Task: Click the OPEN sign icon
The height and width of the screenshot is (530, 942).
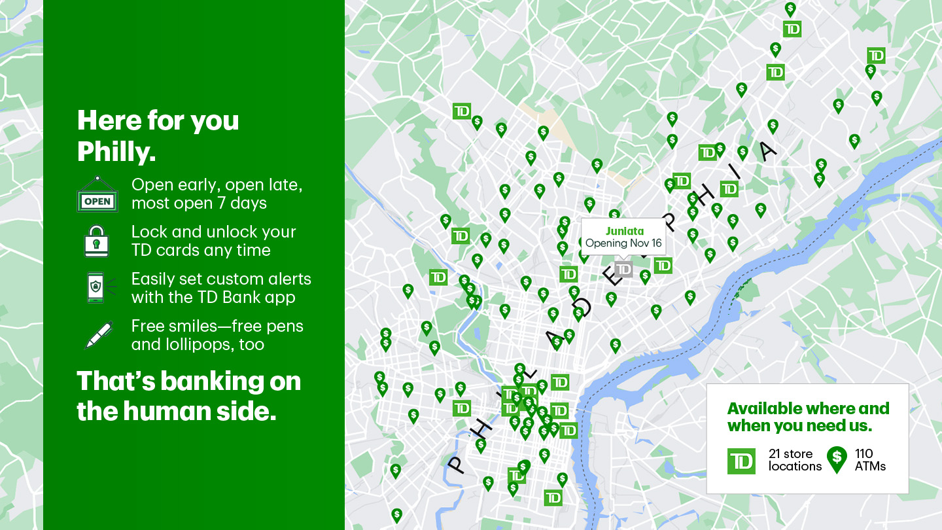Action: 97,194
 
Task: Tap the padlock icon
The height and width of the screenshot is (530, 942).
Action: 97,241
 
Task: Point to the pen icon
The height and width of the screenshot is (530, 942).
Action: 98,335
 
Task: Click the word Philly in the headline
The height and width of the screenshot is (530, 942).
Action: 116,152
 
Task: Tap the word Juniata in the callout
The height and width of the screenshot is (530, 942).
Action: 624,231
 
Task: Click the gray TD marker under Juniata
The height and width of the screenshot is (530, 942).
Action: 623,269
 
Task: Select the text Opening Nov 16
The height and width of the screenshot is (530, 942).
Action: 623,243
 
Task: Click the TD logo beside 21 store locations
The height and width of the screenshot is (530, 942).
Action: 741,461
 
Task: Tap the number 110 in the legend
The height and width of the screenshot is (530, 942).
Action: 864,453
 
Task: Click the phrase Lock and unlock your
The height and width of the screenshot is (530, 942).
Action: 213,232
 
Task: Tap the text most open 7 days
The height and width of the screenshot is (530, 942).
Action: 199,203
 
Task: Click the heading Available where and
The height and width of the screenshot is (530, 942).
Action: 808,409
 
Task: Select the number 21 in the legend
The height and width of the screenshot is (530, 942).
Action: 775,453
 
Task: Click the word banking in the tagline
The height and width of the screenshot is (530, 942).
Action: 209,381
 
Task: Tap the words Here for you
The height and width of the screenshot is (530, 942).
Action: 158,120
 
